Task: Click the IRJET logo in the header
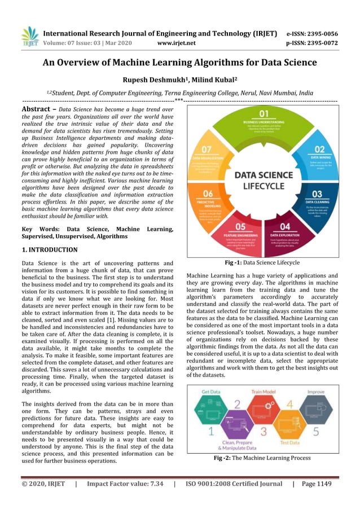click(30, 36)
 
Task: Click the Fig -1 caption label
click(237, 262)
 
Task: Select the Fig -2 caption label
click(226, 458)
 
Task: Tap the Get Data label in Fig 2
click(210, 392)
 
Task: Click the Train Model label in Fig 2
click(264, 392)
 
